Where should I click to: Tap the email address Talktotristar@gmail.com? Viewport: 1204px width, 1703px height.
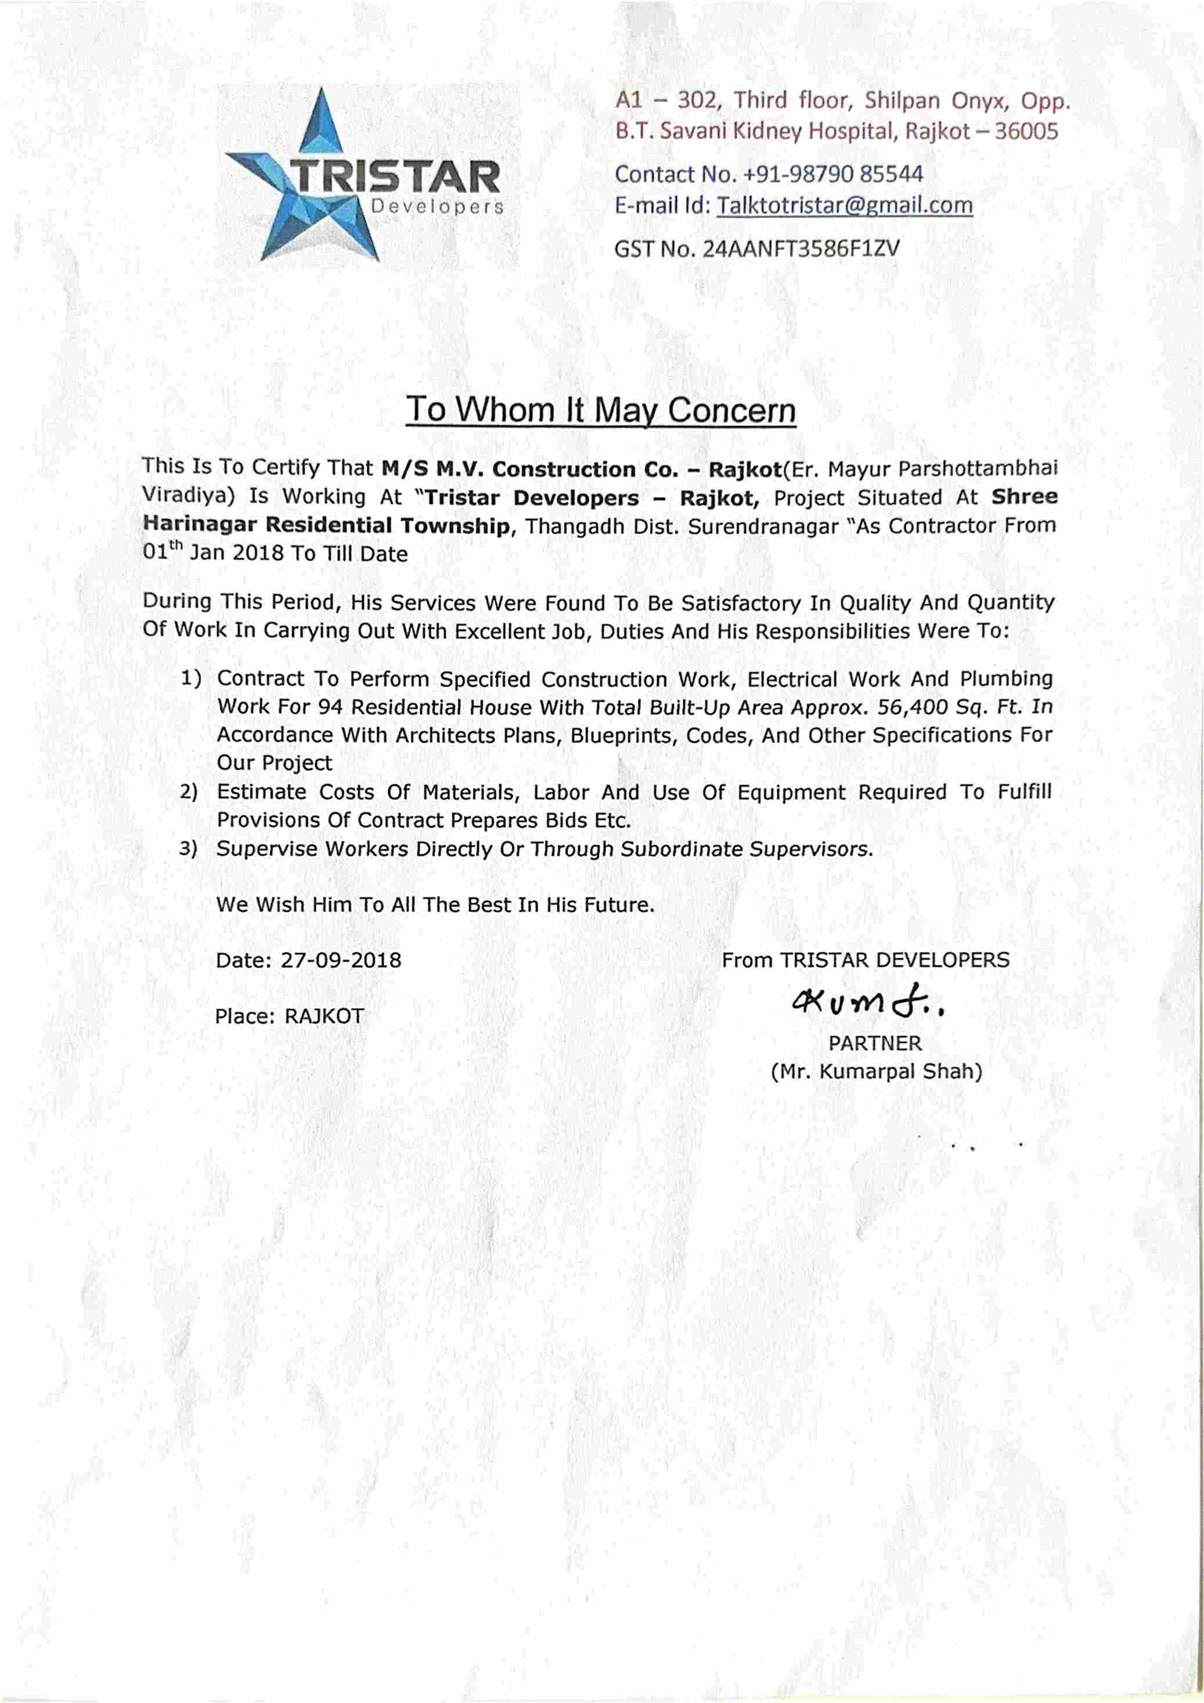(843, 205)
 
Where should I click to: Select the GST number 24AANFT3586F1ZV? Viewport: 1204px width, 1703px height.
(801, 248)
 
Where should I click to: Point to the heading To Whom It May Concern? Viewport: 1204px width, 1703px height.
(601, 410)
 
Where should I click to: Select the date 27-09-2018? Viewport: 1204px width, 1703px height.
(341, 961)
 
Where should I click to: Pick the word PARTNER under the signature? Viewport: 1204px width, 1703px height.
(875, 1043)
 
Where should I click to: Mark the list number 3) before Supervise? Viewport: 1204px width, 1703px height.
(189, 849)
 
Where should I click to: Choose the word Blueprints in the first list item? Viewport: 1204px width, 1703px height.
(625, 735)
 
